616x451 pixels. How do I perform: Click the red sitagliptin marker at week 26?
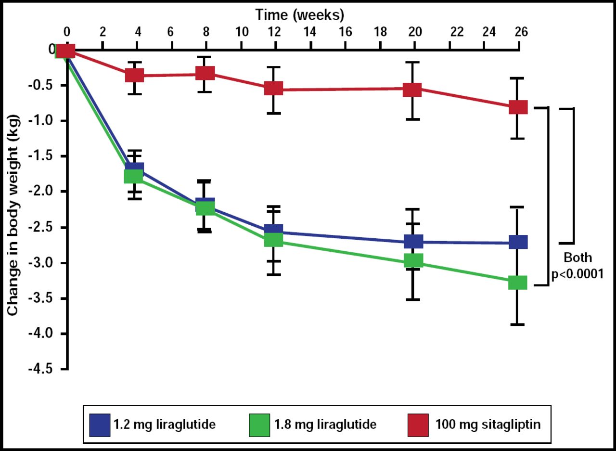[518, 107]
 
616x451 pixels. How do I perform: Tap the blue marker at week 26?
[518, 242]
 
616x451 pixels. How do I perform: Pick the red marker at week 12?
[274, 88]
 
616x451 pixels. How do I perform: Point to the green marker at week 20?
[413, 260]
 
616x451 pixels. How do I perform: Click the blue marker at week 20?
[413, 241]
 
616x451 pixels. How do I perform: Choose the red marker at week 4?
[135, 75]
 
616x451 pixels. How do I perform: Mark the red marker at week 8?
[205, 74]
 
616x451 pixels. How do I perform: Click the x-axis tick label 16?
[345, 32]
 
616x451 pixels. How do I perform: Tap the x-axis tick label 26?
[521, 32]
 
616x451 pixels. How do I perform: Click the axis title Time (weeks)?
[300, 15]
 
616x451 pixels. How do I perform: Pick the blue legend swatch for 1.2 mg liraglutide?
[100, 424]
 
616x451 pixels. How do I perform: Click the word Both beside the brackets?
[578, 258]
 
